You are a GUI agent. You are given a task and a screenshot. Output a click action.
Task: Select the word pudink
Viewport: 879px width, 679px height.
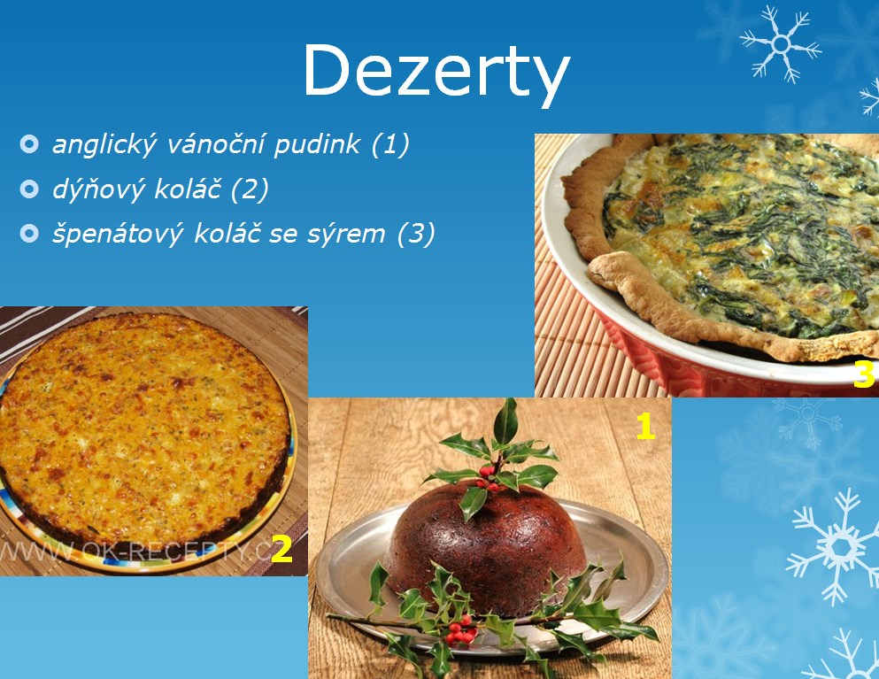[317, 144]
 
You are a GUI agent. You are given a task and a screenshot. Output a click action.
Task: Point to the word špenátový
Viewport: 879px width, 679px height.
[118, 234]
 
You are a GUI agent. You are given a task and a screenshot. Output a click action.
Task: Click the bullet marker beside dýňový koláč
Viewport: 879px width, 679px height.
[29, 189]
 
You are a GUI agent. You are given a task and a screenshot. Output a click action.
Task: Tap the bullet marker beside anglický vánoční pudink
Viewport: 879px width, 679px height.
[29, 144]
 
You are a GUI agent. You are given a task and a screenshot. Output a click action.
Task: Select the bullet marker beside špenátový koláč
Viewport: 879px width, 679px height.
[29, 233]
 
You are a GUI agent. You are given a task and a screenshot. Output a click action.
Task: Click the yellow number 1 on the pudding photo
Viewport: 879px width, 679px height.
[645, 428]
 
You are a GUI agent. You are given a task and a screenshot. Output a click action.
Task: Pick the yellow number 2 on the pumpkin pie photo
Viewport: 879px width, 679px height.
[281, 548]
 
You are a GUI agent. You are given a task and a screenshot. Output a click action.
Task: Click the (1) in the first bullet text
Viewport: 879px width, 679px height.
[390, 144]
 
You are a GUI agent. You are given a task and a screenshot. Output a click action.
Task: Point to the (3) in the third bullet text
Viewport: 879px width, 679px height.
[416, 234]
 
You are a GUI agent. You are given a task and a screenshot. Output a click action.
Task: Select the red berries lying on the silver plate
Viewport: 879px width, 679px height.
[461, 629]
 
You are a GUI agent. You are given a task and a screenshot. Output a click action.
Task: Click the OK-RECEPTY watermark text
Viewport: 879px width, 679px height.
[135, 552]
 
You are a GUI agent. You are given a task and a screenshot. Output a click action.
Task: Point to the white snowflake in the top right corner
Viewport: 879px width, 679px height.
[781, 43]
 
